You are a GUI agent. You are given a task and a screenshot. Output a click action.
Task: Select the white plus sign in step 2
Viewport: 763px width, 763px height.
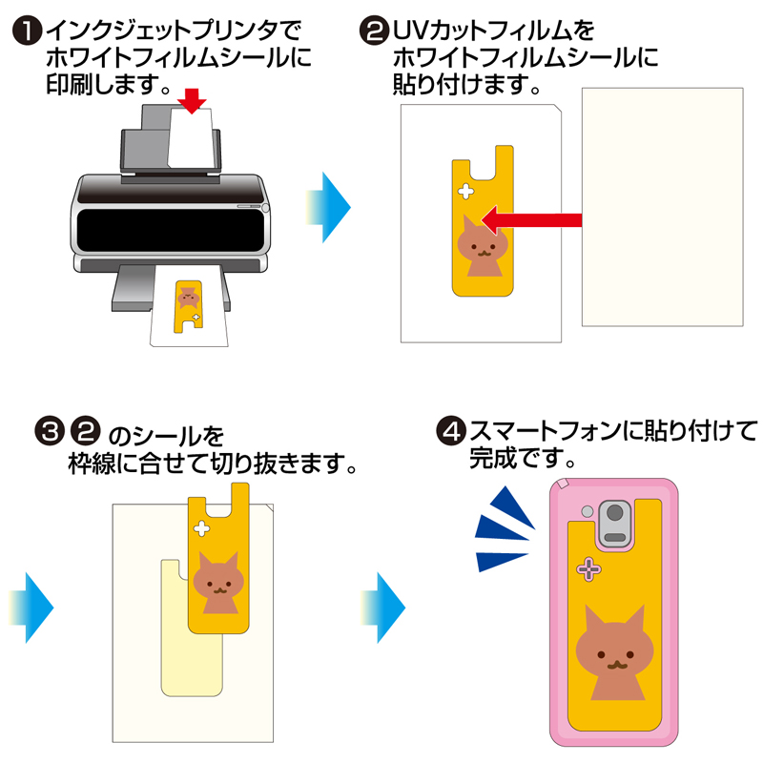click(x=466, y=191)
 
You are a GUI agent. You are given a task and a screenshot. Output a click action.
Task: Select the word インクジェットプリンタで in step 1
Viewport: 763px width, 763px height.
click(x=176, y=31)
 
